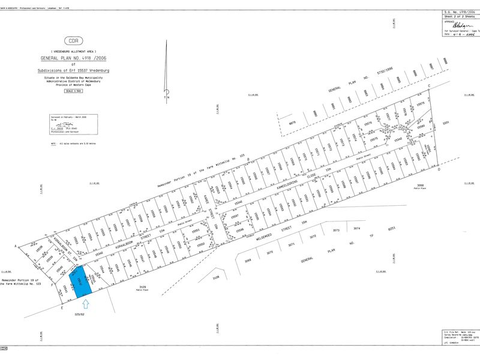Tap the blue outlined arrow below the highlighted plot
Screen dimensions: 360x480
click(85, 305)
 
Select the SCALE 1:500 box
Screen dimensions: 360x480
click(73, 91)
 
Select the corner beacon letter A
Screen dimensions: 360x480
click(15, 246)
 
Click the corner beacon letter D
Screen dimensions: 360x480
click(440, 170)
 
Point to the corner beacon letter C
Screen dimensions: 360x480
click(429, 86)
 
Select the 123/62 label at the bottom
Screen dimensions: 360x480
click(78, 314)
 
